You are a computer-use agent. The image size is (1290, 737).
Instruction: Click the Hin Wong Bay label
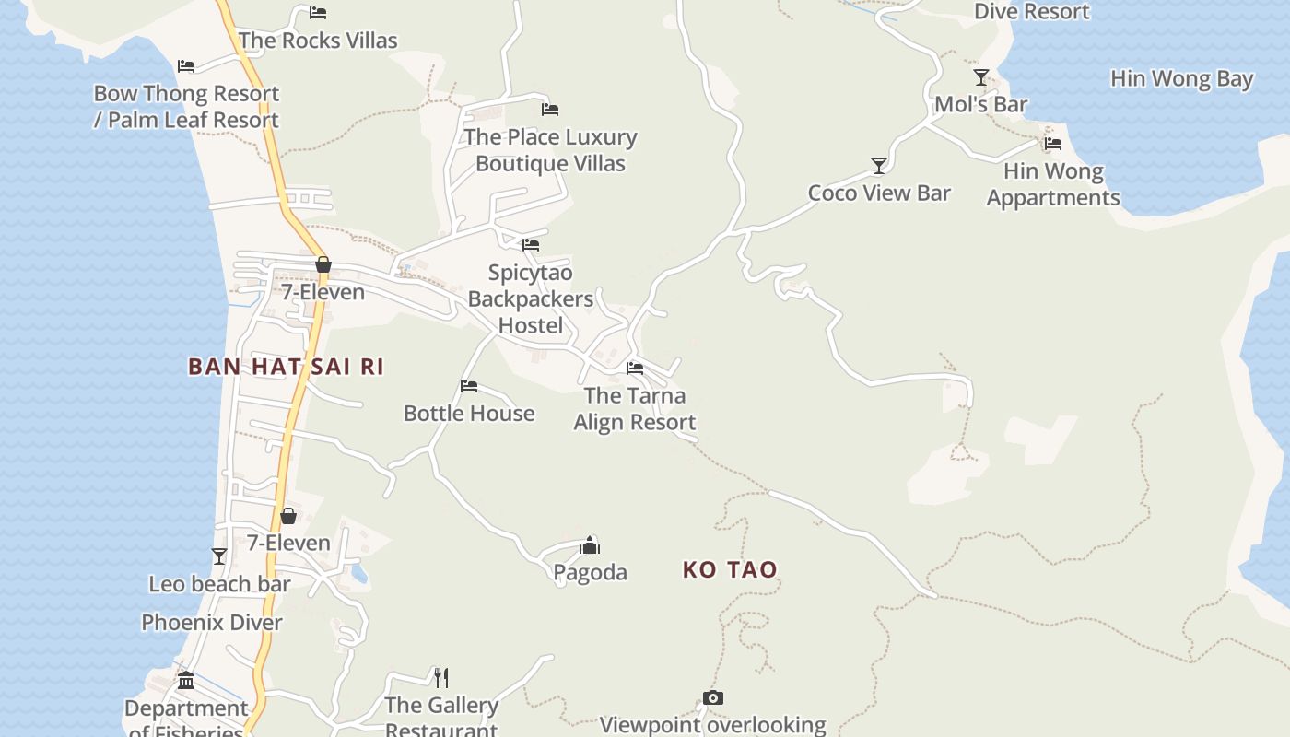tap(1181, 79)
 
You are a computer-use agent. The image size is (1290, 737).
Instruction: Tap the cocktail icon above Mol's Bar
tap(980, 77)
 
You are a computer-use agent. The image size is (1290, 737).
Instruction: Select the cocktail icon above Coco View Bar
tap(878, 166)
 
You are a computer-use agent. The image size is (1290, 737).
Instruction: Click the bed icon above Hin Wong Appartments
tap(1053, 144)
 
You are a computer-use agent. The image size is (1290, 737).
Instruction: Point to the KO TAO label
tap(730, 570)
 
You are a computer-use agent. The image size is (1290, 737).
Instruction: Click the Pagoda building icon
tap(590, 545)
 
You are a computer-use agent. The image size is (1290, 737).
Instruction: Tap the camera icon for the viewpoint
tap(712, 698)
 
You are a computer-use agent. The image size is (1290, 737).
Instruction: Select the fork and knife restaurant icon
tap(441, 678)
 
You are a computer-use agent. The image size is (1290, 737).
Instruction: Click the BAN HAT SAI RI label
tap(286, 367)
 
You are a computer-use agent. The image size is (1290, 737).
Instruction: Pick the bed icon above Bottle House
tap(469, 386)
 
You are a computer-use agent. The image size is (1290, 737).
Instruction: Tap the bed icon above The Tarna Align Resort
tap(635, 368)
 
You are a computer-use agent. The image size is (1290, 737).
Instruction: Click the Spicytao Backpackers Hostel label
tap(531, 298)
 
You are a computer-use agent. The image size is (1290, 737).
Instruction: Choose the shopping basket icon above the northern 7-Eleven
tap(323, 265)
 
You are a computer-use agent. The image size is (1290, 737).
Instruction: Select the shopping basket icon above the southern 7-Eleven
tap(288, 516)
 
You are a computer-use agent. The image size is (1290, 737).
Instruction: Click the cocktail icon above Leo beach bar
tap(219, 556)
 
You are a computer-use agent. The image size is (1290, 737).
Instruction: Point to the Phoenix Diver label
tap(212, 623)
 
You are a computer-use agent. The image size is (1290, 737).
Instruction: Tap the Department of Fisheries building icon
tap(186, 682)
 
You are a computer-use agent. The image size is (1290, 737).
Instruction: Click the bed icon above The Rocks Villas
tap(318, 13)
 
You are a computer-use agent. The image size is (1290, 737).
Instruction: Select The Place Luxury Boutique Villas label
tap(550, 150)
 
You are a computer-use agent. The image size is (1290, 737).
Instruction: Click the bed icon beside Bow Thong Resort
tap(186, 66)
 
